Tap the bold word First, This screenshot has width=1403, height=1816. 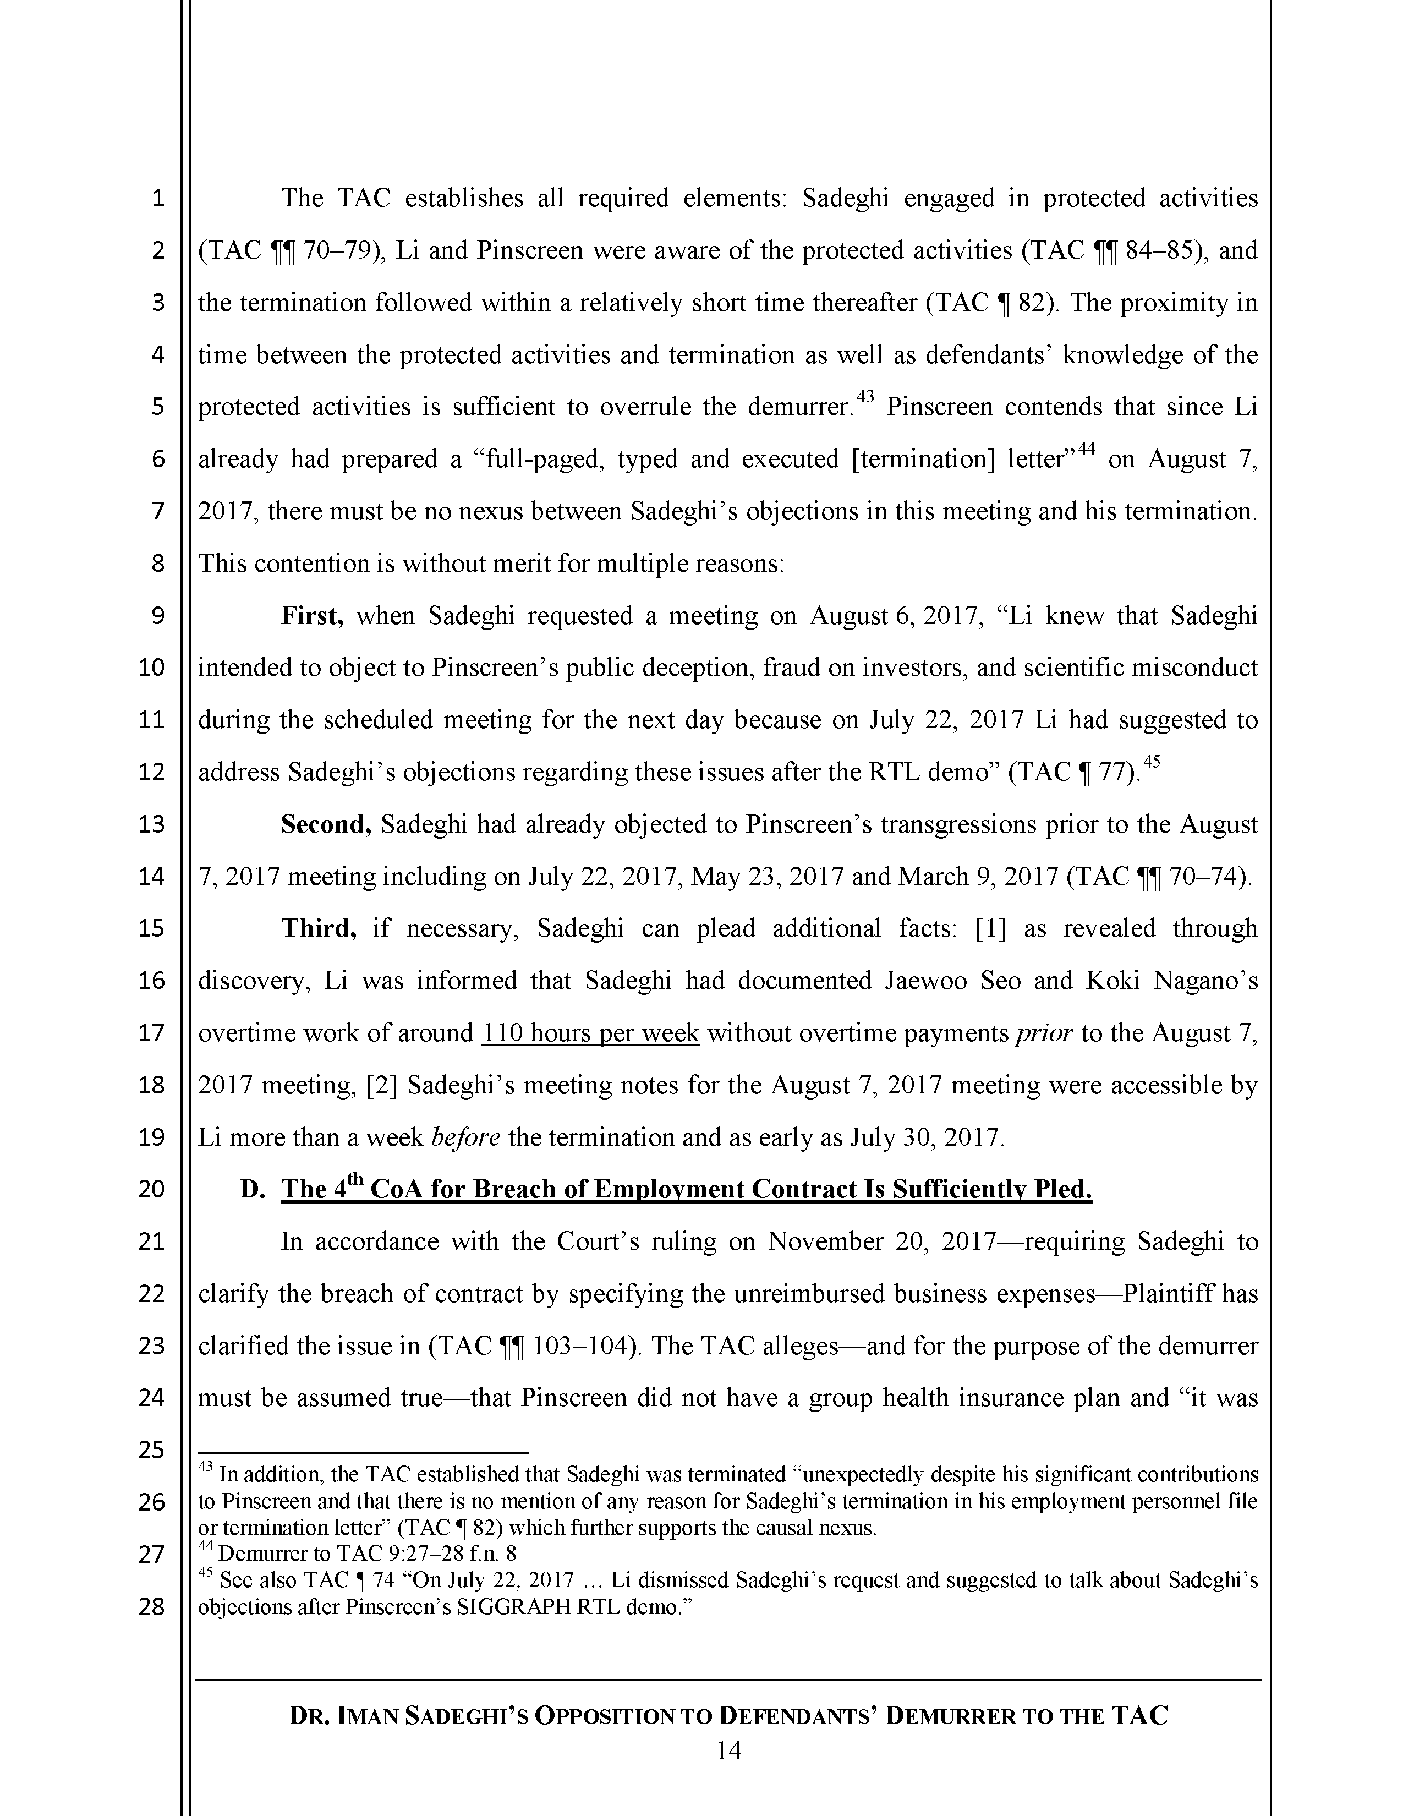[x=311, y=616]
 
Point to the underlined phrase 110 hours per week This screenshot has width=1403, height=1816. [x=590, y=1033]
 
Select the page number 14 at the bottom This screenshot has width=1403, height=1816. [x=728, y=1751]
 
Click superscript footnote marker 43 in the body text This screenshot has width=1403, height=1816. [x=865, y=397]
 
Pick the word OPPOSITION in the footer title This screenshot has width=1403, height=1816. [x=615, y=1716]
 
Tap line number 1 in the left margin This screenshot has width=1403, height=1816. [x=158, y=199]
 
